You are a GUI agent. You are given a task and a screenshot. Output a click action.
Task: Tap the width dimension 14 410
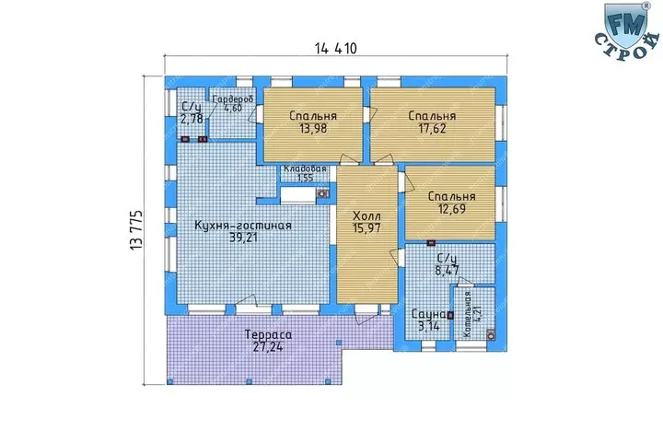point(336,49)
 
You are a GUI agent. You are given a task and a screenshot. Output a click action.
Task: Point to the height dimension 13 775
point(136,229)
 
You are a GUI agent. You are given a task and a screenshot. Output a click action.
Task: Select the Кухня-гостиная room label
point(243,226)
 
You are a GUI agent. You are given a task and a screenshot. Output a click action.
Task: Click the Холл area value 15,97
point(366,228)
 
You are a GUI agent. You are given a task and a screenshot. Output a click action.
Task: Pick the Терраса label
point(269,334)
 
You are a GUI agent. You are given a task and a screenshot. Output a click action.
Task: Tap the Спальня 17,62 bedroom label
point(432,122)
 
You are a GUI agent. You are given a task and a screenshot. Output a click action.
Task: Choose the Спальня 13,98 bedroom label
point(313,122)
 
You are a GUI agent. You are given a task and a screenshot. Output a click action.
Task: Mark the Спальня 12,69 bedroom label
point(451,203)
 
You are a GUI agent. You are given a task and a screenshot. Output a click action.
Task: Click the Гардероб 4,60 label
point(233,103)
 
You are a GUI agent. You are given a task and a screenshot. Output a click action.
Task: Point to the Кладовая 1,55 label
point(305,173)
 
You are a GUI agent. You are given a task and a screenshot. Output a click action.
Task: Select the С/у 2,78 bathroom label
point(192,112)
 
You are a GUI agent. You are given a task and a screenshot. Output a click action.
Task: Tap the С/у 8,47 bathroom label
point(448,264)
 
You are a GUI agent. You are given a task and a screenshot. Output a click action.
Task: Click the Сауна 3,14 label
point(429,320)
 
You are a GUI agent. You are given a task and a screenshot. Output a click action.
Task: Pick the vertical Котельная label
point(467,314)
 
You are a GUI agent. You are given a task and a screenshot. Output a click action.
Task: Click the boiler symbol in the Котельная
point(491,334)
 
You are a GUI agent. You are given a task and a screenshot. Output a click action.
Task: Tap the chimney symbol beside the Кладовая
point(322,193)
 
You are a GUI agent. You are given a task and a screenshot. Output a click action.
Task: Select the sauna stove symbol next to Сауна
point(450,315)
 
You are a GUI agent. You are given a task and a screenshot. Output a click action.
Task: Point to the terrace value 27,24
point(268,347)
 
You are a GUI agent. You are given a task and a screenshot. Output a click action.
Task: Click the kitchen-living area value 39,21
point(243,238)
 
